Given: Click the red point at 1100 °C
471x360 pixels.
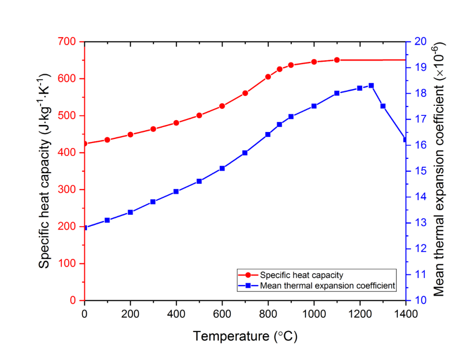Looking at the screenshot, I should tap(337, 60).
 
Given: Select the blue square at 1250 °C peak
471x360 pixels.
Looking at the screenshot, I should tap(371, 85).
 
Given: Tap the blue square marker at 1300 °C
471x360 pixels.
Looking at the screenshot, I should tap(383, 106).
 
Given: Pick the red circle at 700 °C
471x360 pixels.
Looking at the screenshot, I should tap(245, 93).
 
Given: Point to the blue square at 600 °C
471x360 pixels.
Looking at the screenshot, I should tap(222, 168).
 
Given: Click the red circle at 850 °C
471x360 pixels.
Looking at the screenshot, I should tap(280, 69).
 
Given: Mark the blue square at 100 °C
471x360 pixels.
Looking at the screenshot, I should tap(107, 220).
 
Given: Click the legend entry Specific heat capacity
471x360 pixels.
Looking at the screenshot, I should tap(301, 275).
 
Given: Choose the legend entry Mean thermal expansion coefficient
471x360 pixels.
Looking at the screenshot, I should tap(328, 286).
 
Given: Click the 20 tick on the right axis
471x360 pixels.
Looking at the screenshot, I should tap(420, 42).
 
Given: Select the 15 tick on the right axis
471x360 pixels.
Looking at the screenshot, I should tap(420, 171).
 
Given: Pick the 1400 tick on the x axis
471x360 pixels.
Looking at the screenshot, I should tap(406, 312).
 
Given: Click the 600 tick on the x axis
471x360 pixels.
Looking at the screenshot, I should tap(222, 312).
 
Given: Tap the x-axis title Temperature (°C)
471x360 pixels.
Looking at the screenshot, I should tap(245, 336).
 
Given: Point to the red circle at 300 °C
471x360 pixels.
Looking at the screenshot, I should tap(153, 129).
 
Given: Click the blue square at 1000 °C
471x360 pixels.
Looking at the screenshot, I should tap(314, 106).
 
